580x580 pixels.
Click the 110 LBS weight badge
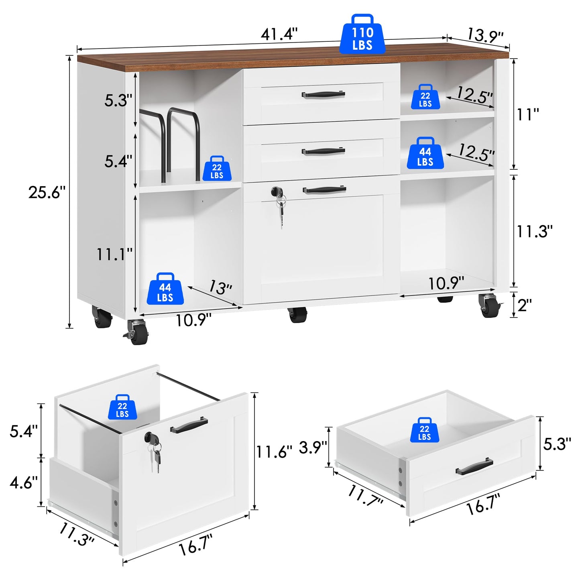click(362, 34)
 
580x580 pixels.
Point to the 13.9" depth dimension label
click(485, 35)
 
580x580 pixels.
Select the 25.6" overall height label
click(47, 192)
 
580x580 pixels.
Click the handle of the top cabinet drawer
click(323, 94)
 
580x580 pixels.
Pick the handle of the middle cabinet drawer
click(323, 151)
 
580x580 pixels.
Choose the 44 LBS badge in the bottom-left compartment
click(165, 288)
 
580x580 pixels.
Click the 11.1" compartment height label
click(114, 254)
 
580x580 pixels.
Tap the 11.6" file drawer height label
click(274, 452)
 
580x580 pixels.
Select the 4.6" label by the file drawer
click(24, 482)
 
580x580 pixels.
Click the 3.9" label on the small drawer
click(313, 447)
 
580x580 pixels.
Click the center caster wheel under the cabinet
click(297, 315)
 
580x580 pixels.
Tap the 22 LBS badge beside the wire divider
click(217, 169)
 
